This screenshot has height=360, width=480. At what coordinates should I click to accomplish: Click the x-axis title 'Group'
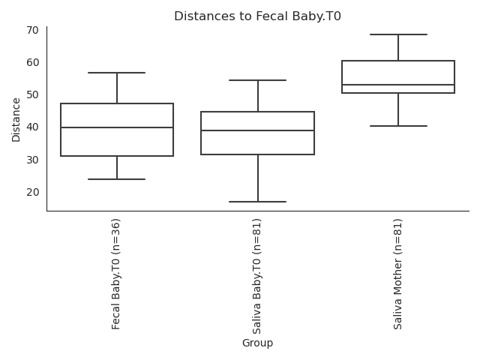coord(257,343)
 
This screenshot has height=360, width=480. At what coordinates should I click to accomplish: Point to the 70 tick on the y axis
coord(34,31)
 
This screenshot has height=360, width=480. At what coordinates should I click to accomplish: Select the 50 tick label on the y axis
coord(34,95)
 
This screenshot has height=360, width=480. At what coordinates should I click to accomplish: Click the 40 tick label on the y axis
coord(34,127)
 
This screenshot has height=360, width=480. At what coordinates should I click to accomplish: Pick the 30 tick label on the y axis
coord(34,160)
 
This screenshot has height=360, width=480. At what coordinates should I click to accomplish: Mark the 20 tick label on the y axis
coord(34,192)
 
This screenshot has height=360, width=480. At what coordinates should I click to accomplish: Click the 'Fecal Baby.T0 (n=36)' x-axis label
coord(117,274)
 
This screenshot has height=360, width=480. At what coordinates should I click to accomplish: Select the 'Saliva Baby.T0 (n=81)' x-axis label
coord(258,276)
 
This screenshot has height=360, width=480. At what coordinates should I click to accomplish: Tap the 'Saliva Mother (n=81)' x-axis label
coord(398,274)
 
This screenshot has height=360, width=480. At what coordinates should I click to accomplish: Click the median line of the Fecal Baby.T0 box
coord(117,127)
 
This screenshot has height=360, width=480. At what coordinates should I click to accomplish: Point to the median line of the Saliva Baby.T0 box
coord(258,130)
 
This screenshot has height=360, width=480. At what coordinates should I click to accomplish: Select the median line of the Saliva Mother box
coord(398,85)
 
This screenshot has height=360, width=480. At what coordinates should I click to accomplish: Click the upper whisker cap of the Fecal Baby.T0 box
coord(117,73)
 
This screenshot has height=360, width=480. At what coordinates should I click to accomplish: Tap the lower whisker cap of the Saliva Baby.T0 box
coord(258,202)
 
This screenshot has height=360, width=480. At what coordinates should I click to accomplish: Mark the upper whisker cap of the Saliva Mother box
coord(398,34)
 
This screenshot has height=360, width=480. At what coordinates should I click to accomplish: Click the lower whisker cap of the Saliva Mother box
coord(398,126)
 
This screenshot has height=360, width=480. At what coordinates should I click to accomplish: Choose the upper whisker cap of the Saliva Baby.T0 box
coord(258,80)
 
